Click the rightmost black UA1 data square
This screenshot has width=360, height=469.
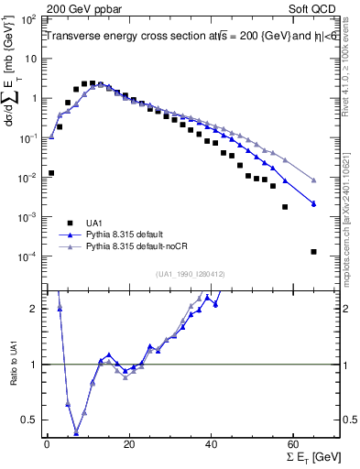[x=314, y=252]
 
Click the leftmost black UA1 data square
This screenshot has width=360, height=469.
[x=51, y=172]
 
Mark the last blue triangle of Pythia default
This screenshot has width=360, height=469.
[x=314, y=203]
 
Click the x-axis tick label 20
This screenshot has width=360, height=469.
[x=129, y=443]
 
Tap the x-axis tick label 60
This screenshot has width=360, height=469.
[x=293, y=443]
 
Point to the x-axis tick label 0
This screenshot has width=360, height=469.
[x=47, y=443]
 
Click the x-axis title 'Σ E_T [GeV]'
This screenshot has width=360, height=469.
[x=311, y=456]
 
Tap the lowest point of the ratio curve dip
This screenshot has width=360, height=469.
[x=76, y=434]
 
